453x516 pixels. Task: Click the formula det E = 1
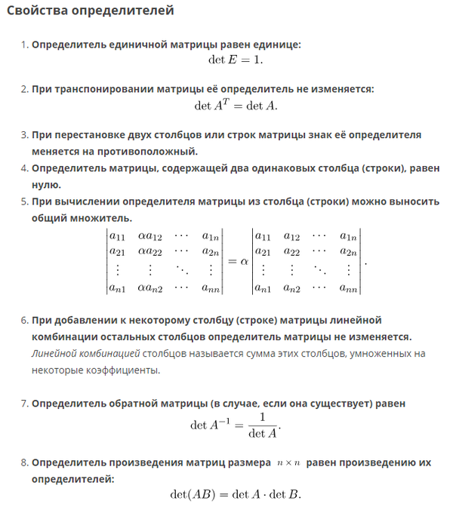point(236,60)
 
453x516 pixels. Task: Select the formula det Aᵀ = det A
point(236,105)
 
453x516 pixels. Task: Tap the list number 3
point(23,135)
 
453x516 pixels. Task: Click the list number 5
point(23,201)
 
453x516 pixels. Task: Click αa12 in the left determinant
point(149,237)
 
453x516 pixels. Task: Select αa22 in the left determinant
point(149,252)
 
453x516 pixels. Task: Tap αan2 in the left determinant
point(149,287)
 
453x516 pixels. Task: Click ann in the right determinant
point(348,287)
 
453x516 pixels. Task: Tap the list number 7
point(23,404)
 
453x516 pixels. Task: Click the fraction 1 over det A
point(262,425)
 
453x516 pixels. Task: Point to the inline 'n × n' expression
point(289,462)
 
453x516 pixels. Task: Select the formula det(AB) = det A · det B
point(236,496)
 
